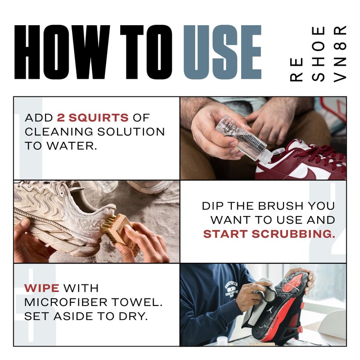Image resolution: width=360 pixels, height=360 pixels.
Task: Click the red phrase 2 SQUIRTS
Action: click(93, 118)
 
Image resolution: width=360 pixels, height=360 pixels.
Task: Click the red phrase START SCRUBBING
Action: click(269, 234)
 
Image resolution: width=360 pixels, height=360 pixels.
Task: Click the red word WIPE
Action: click(42, 288)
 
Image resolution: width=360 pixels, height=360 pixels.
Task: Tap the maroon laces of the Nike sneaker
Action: click(322, 153)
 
